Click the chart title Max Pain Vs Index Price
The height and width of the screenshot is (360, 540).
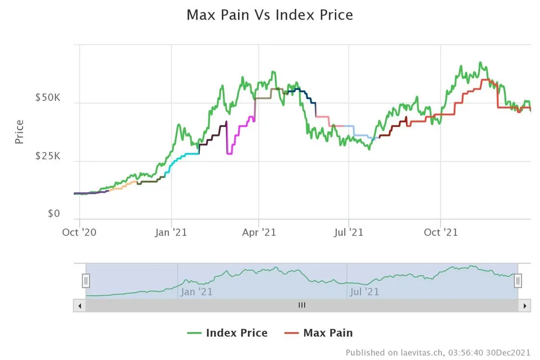point(269,15)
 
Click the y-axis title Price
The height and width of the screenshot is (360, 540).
point(19,131)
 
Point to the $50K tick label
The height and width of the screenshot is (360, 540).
point(48,98)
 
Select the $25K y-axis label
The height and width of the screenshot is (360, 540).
point(48,157)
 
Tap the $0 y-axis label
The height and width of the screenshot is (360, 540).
point(53,214)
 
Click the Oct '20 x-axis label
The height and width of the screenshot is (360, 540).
point(79,232)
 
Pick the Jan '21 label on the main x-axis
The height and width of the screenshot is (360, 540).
point(171,232)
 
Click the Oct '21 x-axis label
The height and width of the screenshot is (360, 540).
point(441,232)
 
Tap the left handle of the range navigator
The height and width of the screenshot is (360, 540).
point(86,281)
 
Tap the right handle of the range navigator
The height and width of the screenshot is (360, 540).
point(518,281)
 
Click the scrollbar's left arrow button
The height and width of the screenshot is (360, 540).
point(79,305)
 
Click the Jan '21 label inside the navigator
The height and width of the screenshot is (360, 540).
point(197,291)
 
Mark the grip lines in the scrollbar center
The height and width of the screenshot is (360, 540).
point(302,305)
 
